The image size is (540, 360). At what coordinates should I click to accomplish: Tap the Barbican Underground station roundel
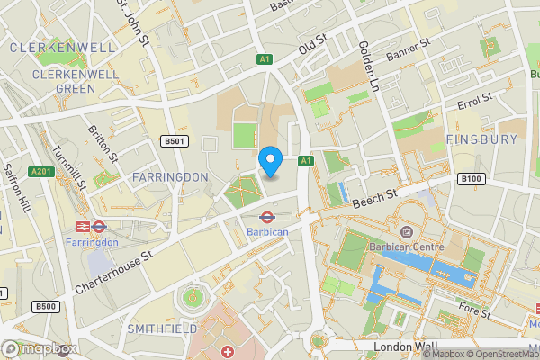pyautogui.click(x=267, y=216)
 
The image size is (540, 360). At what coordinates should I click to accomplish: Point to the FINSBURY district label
pyautogui.click(x=482, y=139)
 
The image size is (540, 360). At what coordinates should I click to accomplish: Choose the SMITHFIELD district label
pyautogui.click(x=162, y=329)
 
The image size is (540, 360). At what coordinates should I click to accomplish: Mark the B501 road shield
pyautogui.click(x=174, y=141)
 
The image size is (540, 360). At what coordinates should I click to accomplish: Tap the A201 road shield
pyautogui.click(x=41, y=171)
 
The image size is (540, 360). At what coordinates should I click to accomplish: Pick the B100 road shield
pyautogui.click(x=472, y=179)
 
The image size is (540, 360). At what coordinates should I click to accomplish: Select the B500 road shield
pyautogui.click(x=46, y=307)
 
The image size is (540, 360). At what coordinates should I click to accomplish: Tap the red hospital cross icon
pyautogui.click(x=227, y=350)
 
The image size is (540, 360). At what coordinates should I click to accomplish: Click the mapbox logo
pyautogui.click(x=40, y=348)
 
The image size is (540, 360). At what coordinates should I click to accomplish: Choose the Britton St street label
pyautogui.click(x=104, y=144)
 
